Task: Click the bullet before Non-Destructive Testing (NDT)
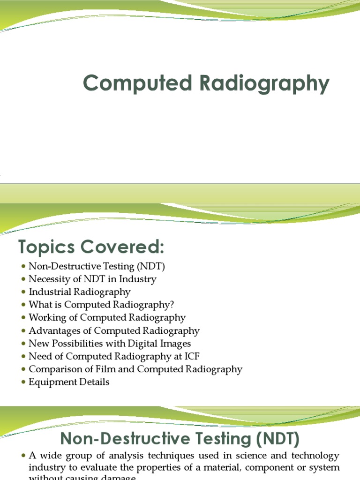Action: coord(23,267)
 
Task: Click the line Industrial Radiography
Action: coord(80,292)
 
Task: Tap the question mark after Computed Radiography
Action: coord(172,305)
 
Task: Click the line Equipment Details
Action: coord(69,382)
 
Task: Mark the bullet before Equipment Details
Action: coord(23,382)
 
